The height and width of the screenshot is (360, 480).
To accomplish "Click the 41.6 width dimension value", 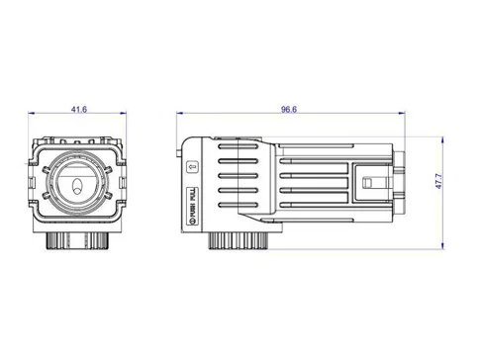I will pyautogui.click(x=78, y=110).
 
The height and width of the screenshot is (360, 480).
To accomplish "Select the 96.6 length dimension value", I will pyautogui.click(x=288, y=110).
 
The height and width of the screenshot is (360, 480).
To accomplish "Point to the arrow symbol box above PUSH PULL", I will pyautogui.click(x=192, y=167).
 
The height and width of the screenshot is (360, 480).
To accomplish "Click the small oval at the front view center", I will pyautogui.click(x=78, y=186).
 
